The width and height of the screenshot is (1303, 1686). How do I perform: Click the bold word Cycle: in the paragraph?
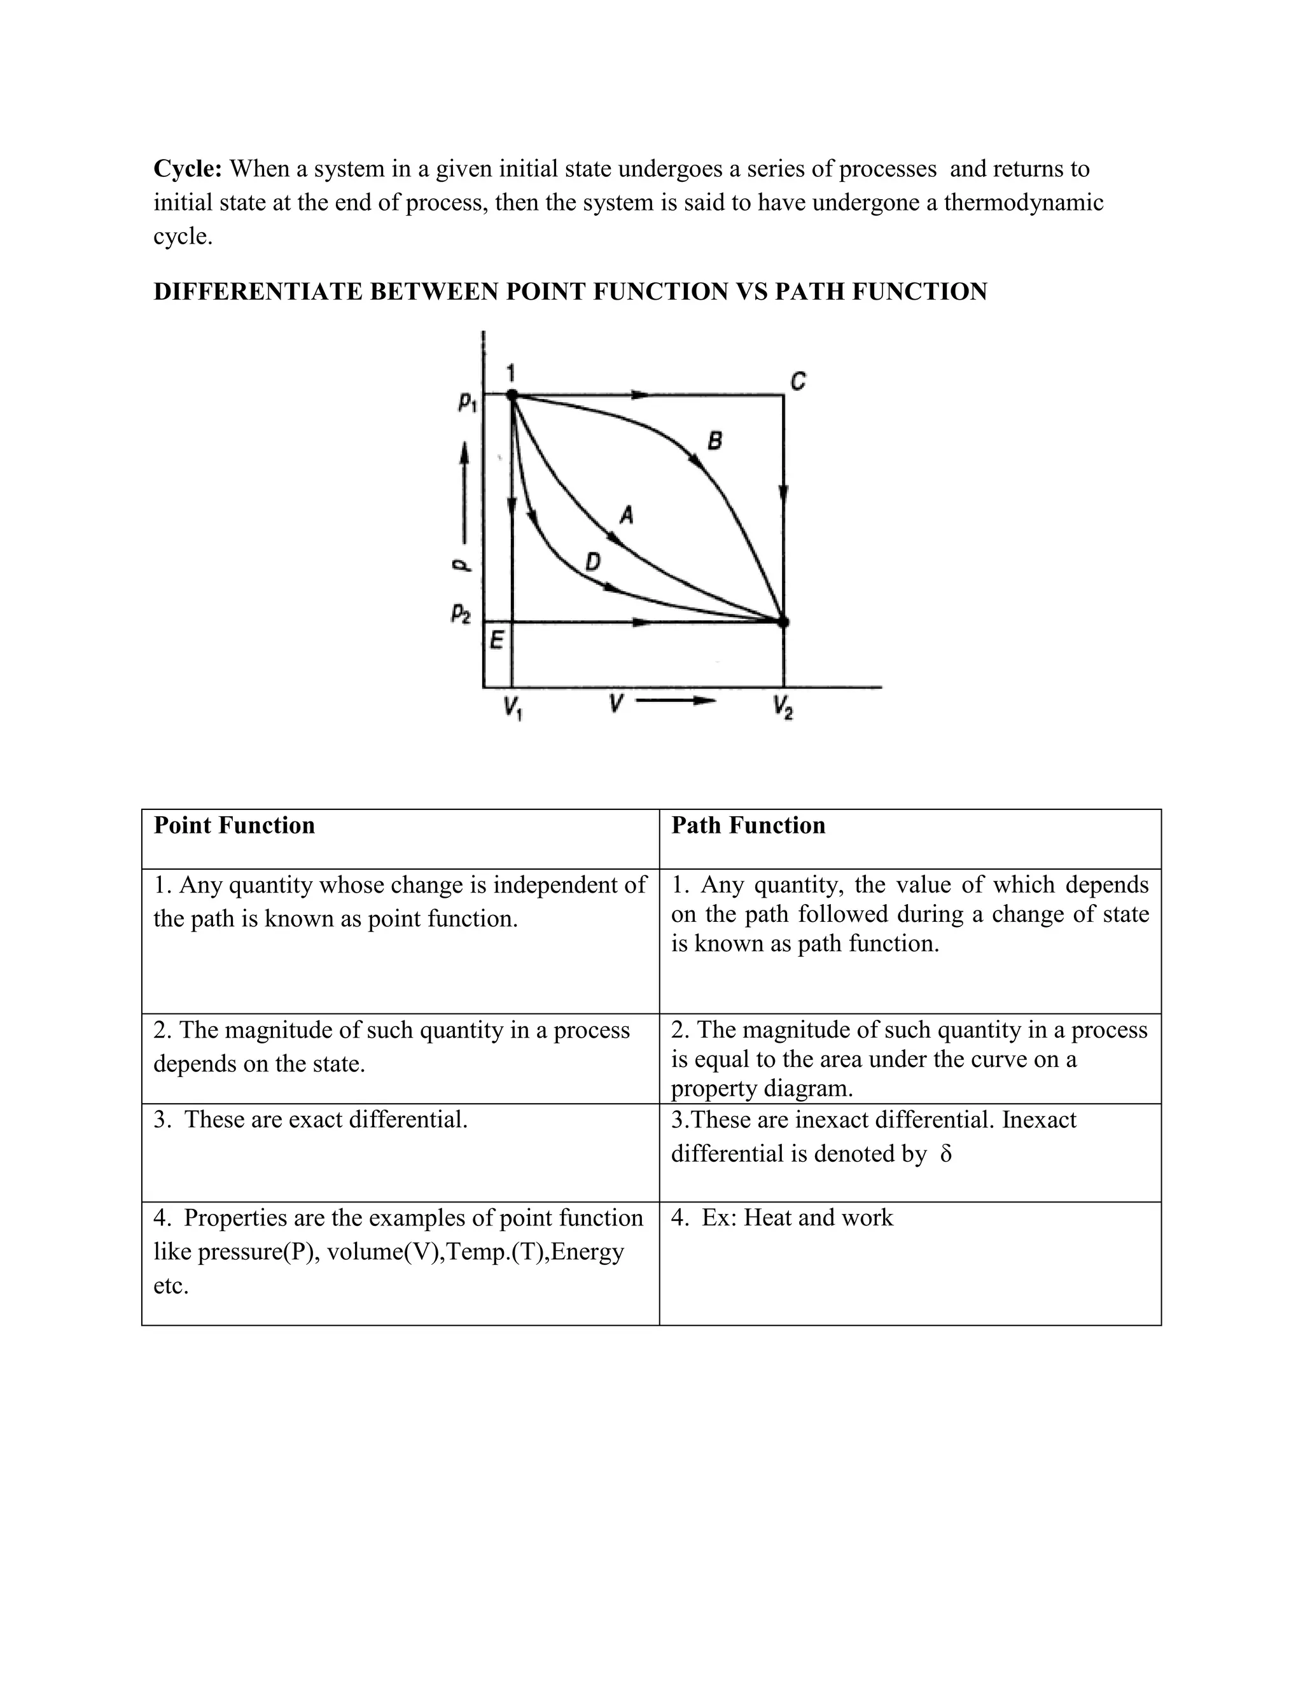(188, 169)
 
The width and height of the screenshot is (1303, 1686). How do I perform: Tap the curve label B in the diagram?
(714, 442)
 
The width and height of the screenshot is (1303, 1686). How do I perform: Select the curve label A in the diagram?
(627, 514)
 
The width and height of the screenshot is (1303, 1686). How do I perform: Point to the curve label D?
(592, 562)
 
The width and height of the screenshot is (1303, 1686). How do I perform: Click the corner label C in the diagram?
(798, 381)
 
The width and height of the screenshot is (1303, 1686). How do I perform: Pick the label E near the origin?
(496, 640)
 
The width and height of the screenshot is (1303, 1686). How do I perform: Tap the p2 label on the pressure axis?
(460, 615)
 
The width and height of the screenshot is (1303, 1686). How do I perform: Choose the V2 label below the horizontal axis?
(783, 707)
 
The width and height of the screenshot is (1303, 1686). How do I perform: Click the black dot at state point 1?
(512, 394)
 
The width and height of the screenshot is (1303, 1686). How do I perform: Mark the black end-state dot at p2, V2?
(783, 622)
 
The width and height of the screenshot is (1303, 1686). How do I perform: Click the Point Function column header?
(234, 825)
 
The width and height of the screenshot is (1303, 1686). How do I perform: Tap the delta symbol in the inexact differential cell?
(946, 1154)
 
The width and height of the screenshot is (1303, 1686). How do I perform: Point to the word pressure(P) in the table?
(258, 1251)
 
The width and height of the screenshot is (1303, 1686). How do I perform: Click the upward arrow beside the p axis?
(464, 494)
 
